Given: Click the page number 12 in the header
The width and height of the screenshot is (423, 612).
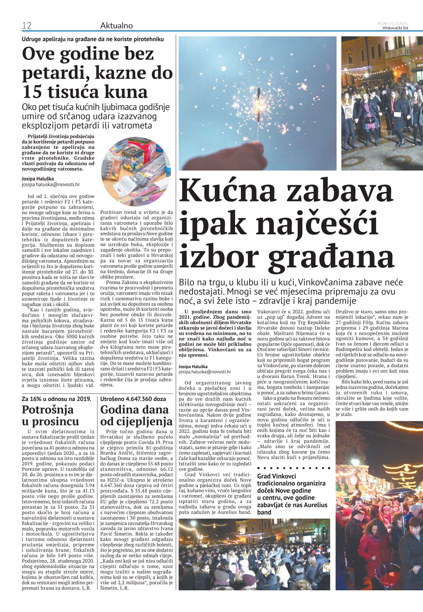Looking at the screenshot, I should tap(27, 26).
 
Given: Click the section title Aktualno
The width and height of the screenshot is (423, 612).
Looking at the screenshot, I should tap(116, 25).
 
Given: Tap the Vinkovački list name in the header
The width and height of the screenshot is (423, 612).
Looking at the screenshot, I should tap(395, 28).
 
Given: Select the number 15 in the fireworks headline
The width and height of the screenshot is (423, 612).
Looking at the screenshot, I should tap(32, 92).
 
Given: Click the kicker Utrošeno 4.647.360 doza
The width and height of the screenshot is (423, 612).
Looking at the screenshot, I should tap(133, 399).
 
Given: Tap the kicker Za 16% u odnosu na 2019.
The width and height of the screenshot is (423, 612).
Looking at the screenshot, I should tap(56, 399).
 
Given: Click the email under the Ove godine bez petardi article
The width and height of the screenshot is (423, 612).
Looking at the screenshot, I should tap(51, 184).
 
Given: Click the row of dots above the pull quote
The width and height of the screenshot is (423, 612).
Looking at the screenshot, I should tap(293, 468).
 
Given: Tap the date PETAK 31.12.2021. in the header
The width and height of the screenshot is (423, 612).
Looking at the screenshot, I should tap(393, 23).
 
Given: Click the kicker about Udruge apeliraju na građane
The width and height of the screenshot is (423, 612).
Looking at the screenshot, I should tap(93, 39).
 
